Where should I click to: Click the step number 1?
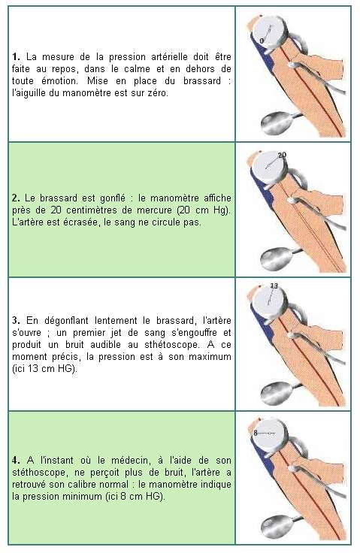[x=16, y=57]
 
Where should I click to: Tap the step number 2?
[x=16, y=198]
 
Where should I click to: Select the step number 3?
[x=16, y=321]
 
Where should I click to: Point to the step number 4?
[x=16, y=461]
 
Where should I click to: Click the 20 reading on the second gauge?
[x=282, y=155]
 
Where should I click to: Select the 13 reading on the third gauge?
[x=274, y=286]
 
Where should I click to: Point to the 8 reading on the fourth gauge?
[x=256, y=433]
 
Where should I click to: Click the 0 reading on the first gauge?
[x=262, y=41]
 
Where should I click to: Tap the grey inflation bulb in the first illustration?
[x=278, y=123]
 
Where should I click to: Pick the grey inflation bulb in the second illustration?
[x=277, y=259]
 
